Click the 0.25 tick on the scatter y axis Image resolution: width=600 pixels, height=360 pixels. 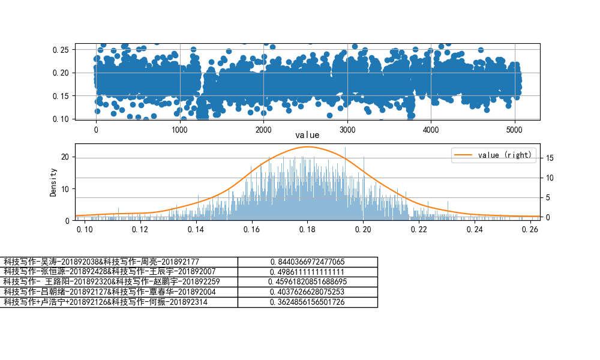[60, 50]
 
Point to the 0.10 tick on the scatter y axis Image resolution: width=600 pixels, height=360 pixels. [60, 119]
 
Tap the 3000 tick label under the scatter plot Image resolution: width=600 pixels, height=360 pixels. [347, 130]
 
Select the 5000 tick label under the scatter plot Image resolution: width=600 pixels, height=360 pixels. [514, 130]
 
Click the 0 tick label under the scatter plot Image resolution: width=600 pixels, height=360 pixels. [96, 130]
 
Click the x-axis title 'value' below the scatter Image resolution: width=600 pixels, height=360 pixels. [307, 136]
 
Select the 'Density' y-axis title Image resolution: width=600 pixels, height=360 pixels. [53, 182]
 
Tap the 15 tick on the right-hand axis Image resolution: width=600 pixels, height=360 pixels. [548, 158]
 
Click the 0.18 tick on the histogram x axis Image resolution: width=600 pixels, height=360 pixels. [307, 229]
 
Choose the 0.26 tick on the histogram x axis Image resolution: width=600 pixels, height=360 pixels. [530, 229]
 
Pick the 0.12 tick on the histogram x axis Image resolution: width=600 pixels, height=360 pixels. [140, 229]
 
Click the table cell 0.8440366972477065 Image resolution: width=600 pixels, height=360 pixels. [307, 262]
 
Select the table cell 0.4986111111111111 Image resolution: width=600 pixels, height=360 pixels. [307, 272]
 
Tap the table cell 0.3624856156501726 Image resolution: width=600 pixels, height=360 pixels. [307, 302]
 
